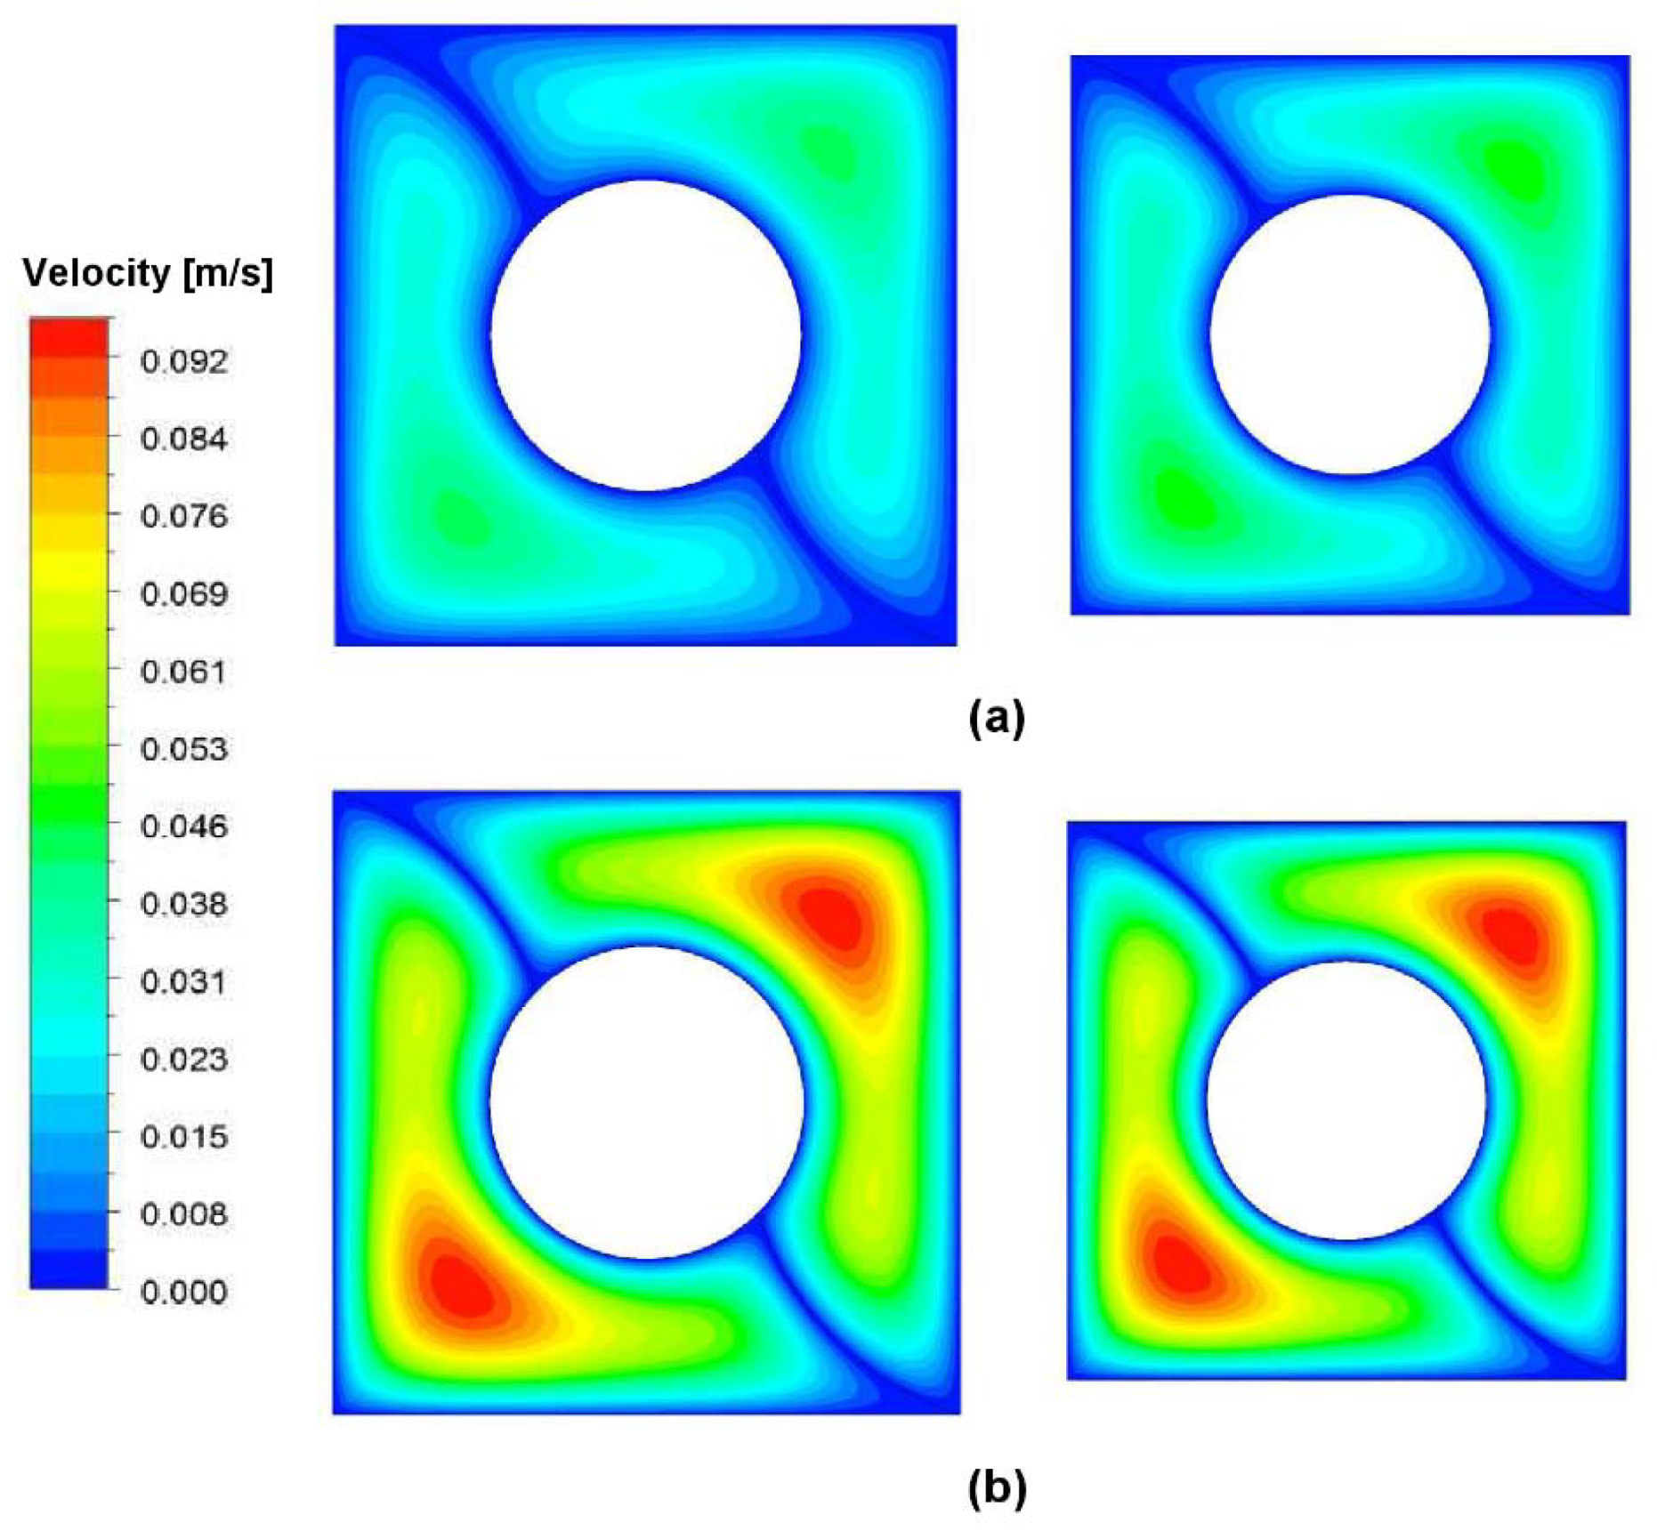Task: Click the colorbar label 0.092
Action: click(183, 361)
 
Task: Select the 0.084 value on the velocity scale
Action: click(183, 439)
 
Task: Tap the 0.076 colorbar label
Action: click(183, 516)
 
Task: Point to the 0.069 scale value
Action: click(183, 593)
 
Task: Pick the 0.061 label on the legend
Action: click(183, 671)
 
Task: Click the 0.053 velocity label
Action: click(183, 748)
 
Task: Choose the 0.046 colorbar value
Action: click(183, 826)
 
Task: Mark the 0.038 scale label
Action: click(183, 904)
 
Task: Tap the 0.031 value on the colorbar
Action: click(183, 981)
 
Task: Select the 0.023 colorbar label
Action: click(183, 1059)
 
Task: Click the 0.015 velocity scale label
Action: click(183, 1136)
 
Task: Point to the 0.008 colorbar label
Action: click(183, 1213)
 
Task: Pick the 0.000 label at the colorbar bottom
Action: click(183, 1291)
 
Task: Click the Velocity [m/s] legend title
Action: click(147, 272)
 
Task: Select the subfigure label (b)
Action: click(996, 1487)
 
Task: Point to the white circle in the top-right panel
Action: click(1349, 334)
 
